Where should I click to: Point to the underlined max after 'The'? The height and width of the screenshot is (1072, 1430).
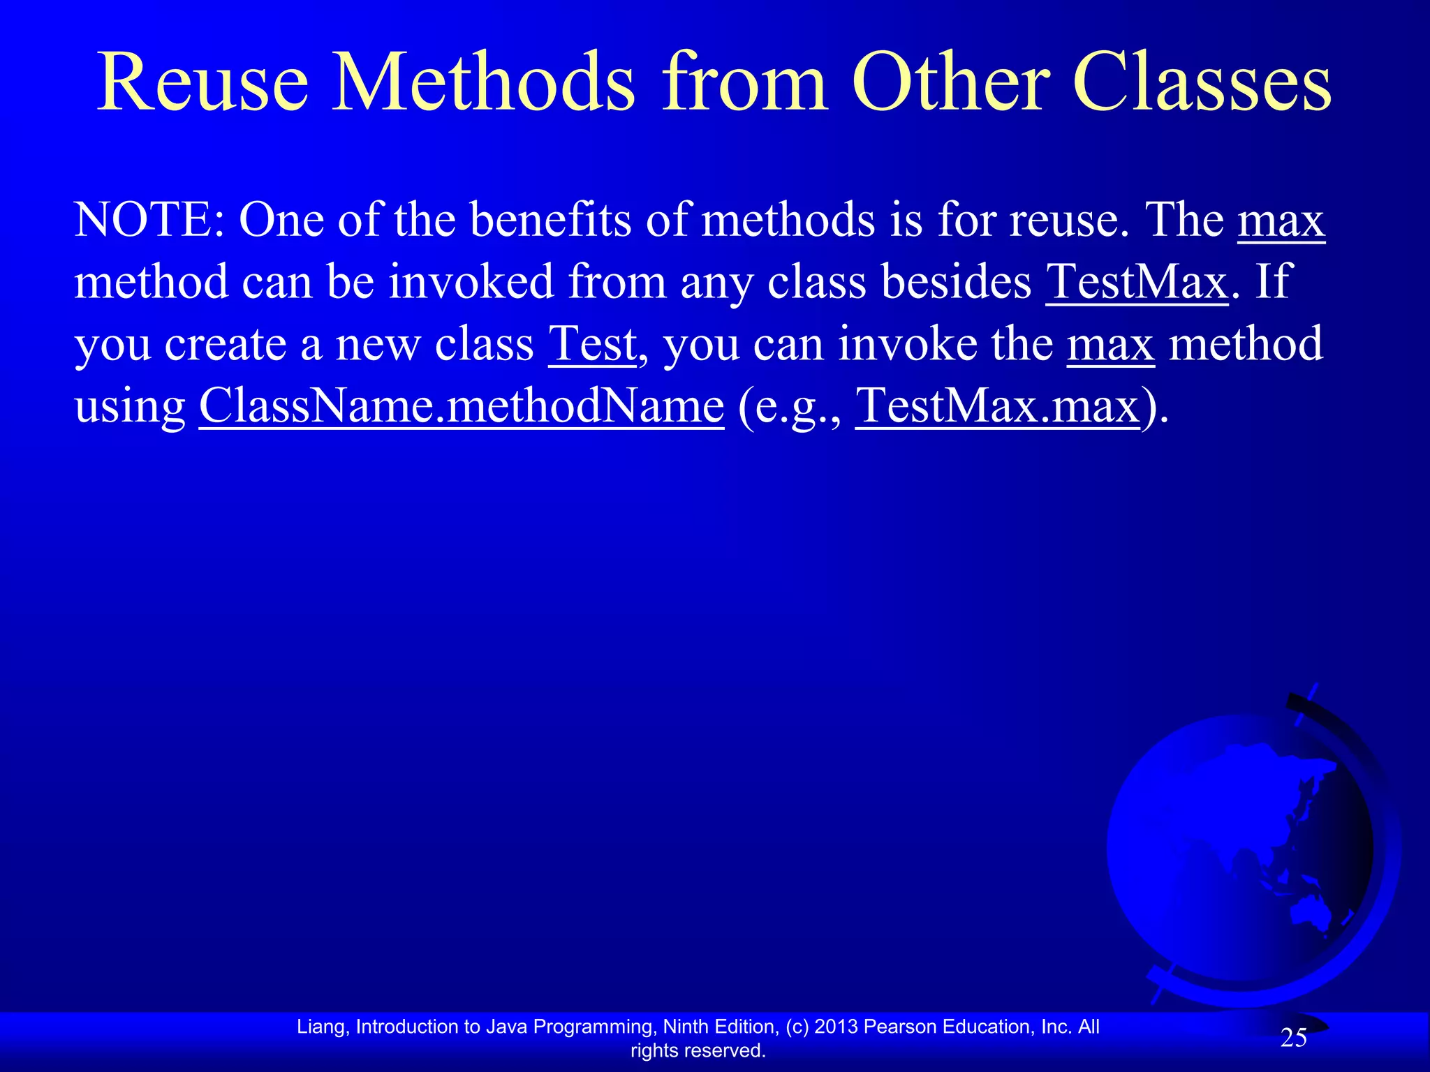(1281, 221)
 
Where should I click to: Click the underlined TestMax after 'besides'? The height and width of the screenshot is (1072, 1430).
(1136, 283)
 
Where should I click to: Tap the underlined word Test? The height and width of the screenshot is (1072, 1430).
(592, 344)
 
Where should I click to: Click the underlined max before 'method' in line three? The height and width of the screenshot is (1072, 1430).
(1110, 344)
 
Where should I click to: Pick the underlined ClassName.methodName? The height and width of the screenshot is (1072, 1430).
(462, 406)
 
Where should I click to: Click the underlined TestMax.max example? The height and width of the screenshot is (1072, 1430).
(997, 406)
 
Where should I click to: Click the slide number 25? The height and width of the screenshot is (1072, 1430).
(1293, 1038)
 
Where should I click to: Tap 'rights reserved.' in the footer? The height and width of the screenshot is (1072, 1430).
(698, 1050)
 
